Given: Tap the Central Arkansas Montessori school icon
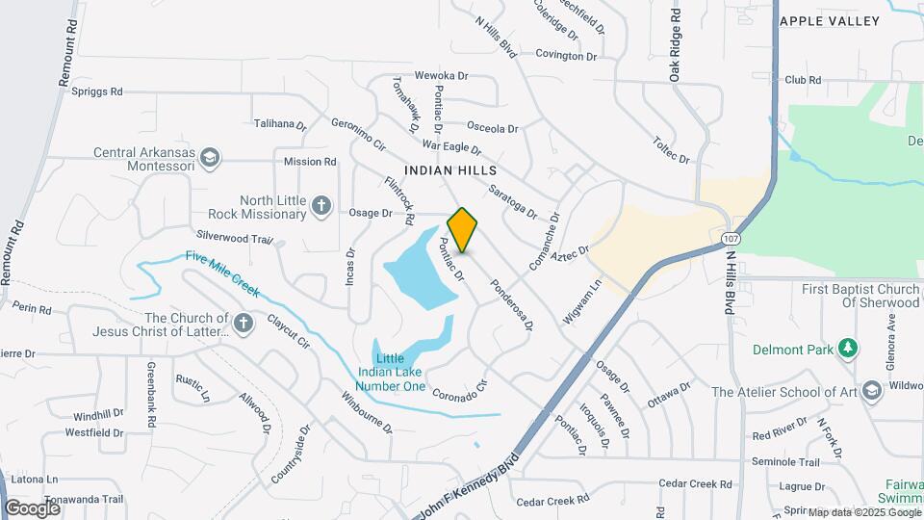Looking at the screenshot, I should click(211, 157).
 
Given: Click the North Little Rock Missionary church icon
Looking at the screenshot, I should click(322, 205).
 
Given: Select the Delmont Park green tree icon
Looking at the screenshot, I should click(848, 349).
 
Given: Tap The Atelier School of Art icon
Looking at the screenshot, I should click(872, 390).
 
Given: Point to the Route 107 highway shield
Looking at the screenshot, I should click(730, 237).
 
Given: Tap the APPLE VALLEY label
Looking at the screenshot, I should click(830, 21).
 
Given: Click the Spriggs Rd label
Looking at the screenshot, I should click(97, 92).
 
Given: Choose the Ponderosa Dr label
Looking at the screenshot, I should click(511, 305).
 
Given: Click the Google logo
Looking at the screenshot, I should click(32, 507).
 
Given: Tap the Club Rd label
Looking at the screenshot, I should click(803, 81).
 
